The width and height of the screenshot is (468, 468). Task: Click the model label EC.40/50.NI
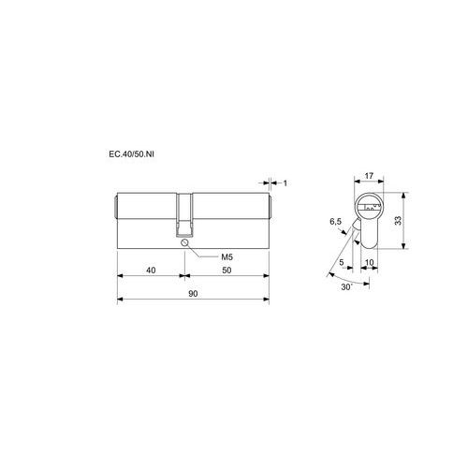[131, 154]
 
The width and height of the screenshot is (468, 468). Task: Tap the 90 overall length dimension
[193, 294]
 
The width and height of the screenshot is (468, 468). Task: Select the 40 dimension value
[151, 271]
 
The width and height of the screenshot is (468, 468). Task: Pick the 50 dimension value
[227, 271]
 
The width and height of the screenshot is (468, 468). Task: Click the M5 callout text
[227, 257]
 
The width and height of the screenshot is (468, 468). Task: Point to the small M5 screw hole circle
[184, 242]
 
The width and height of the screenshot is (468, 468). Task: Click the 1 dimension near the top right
[285, 183]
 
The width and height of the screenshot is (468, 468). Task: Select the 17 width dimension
[369, 176]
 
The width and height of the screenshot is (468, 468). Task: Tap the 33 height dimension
[398, 221]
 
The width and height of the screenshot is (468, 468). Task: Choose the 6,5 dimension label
[336, 222]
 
